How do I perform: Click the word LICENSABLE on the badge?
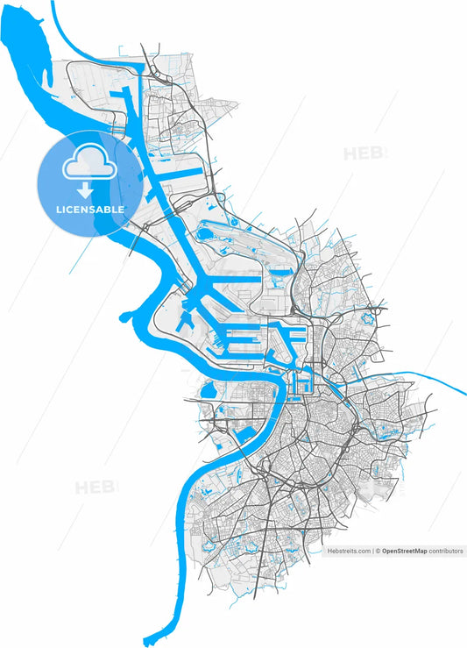(90, 210)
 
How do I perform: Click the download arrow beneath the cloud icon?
(86, 189)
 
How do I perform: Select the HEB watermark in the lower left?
(96, 488)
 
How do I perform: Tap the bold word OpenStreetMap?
(408, 552)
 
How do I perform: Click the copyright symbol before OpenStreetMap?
(379, 552)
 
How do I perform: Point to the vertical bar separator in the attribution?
(373, 552)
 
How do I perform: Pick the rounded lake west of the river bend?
(209, 392)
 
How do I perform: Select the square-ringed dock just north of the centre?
(304, 381)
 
